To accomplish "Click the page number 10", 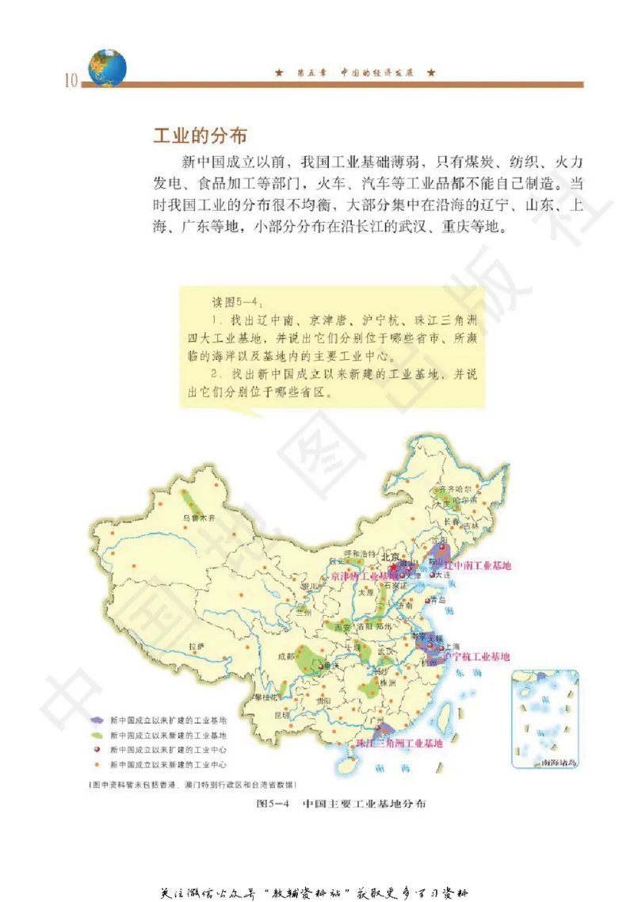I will click(69, 81).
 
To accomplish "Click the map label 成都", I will click(286, 656).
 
